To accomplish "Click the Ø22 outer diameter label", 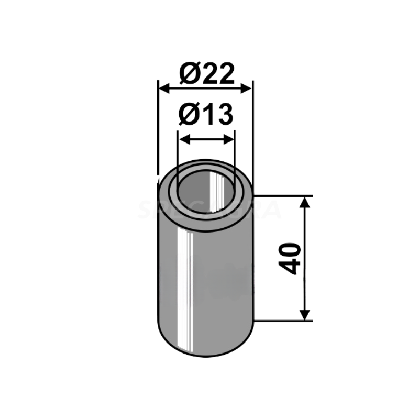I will click(205, 74).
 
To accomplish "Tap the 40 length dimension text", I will click(292, 258).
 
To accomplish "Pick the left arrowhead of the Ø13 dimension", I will click(183, 139).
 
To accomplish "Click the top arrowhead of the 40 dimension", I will click(304, 202).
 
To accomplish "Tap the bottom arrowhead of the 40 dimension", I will click(304, 314).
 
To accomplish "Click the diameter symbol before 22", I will click(188, 74).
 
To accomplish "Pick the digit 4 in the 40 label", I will click(292, 267).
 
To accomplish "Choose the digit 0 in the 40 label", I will click(292, 250).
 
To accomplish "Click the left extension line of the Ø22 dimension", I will click(158, 131).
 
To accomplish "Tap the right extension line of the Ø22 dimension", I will click(253, 131).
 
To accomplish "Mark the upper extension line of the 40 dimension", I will click(283, 196).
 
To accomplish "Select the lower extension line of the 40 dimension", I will click(283, 321).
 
